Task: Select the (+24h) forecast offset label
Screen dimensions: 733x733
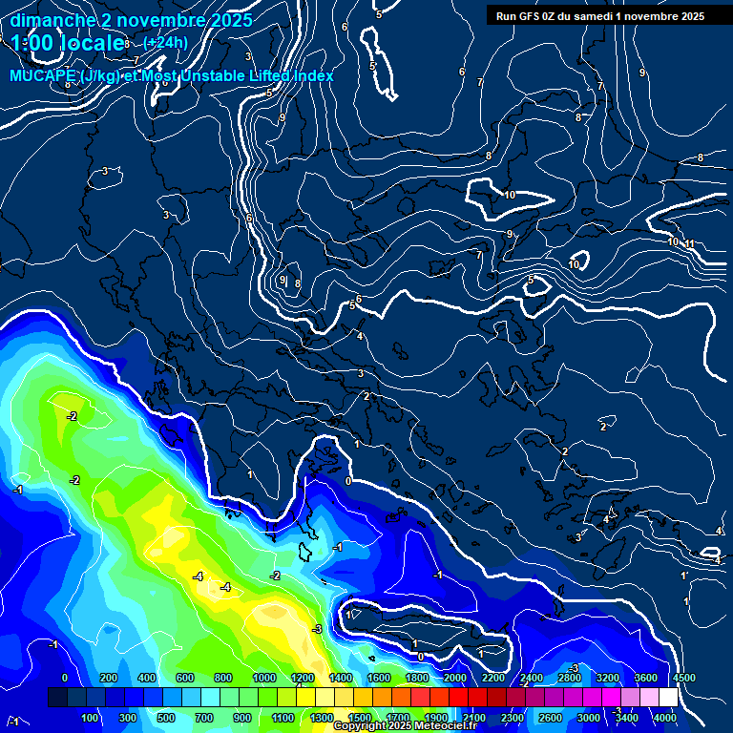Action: point(165,43)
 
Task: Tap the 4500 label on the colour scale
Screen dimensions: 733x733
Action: point(682,678)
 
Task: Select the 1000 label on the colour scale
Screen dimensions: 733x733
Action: point(264,678)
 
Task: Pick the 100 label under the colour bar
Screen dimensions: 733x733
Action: point(92,718)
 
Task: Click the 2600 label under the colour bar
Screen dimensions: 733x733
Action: point(551,718)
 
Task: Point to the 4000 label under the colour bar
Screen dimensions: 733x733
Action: point(665,718)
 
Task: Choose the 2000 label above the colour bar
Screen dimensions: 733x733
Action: point(455,678)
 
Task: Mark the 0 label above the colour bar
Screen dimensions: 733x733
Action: point(65,678)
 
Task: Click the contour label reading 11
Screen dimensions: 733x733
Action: point(689,244)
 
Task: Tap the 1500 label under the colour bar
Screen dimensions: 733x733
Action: point(360,718)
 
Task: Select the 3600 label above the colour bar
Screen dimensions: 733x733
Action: point(645,678)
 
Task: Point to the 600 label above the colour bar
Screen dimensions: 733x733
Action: point(185,678)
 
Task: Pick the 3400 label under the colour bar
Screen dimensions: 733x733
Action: point(627,718)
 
